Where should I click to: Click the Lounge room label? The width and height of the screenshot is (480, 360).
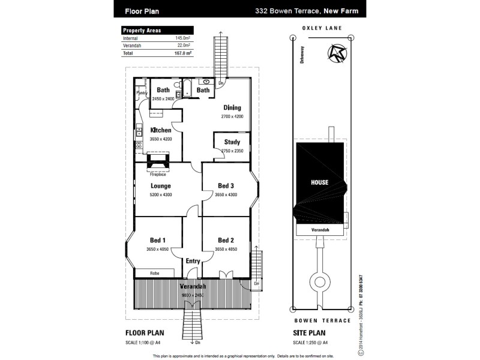pos(160,186)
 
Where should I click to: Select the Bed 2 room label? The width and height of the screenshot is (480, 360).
pos(225,240)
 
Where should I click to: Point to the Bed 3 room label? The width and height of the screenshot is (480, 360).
pos(225,186)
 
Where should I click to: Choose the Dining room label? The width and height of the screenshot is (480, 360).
pos(232,108)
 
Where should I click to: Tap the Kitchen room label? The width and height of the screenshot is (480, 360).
pos(160,130)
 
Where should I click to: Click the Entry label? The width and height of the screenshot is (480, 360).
pos(193,261)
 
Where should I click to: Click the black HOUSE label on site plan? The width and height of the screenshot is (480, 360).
pos(319,182)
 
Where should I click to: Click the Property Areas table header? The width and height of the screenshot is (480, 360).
pos(142,30)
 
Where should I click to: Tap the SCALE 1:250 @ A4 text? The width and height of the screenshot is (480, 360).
pos(312,343)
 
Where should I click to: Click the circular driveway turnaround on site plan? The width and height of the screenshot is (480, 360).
pos(319,280)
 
